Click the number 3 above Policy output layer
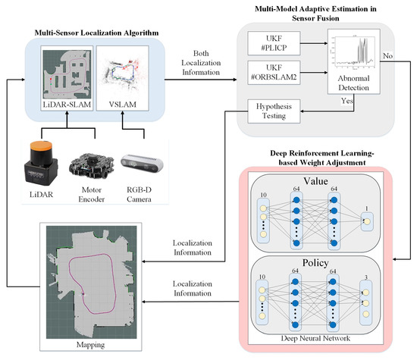point(368,278)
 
